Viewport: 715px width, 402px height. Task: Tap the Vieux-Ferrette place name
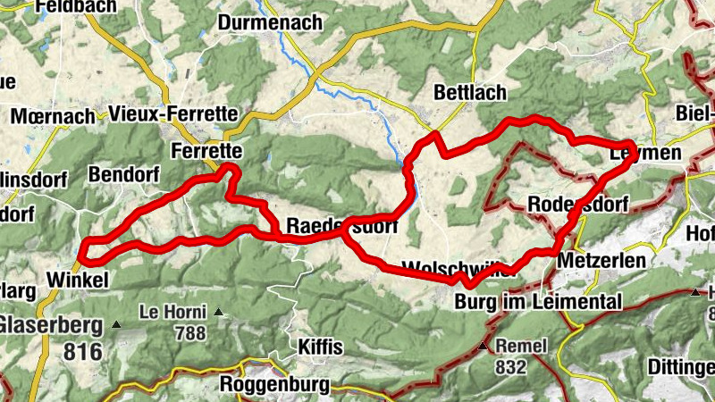[x=172, y=113]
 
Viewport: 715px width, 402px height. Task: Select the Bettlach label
[x=469, y=92]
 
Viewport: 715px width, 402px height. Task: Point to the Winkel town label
[x=78, y=281]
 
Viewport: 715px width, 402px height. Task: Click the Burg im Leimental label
[x=537, y=302]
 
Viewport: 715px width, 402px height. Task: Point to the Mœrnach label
[x=53, y=116]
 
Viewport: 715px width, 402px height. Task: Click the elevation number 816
[x=85, y=352]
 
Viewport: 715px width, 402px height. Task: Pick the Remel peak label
[x=518, y=345]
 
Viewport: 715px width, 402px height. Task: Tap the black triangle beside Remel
[x=484, y=346]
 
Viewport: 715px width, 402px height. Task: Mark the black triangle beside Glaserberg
[x=117, y=324]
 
